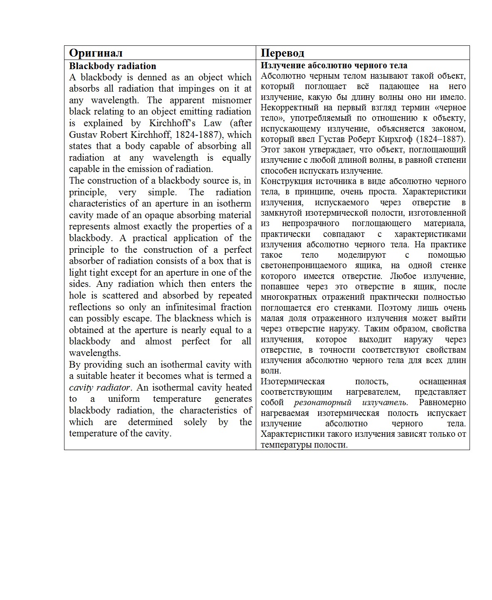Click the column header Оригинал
tap(96, 53)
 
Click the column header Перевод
tap(282, 53)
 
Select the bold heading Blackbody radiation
tap(112, 66)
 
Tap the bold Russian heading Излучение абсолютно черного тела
tap(334, 65)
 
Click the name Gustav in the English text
tap(82, 134)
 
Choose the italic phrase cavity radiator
tap(100, 387)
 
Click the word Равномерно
tap(442, 402)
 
